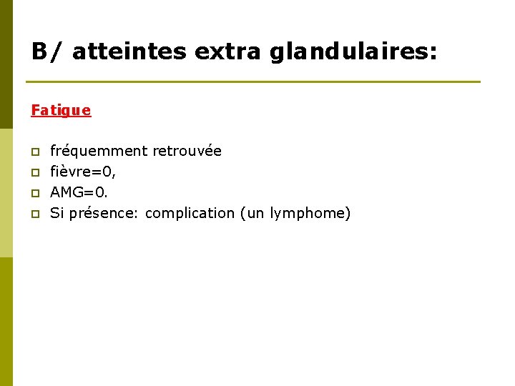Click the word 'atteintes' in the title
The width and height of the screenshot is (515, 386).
point(128,51)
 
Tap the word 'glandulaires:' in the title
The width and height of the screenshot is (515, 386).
point(354,51)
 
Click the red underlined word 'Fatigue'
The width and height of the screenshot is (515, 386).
point(61,110)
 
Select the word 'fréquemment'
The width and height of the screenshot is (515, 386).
point(99,151)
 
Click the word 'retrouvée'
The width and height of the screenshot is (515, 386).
point(187,151)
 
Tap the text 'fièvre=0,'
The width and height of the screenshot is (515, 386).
point(83,172)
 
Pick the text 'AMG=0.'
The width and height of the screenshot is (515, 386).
point(79,192)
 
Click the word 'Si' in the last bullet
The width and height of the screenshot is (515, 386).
point(57,213)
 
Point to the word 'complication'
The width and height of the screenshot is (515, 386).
point(190,213)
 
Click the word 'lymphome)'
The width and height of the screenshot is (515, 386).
point(310,213)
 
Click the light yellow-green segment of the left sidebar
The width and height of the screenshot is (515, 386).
point(6,193)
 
